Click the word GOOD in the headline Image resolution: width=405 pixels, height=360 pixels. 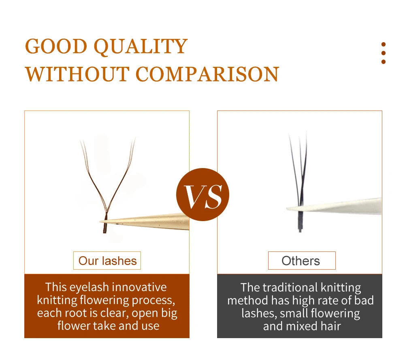point(56,47)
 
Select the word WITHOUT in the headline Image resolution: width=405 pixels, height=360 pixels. point(77,74)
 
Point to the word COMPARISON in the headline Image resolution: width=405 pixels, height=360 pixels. point(207,74)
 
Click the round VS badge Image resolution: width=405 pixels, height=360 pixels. point(202,194)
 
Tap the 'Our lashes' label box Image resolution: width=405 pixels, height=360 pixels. point(107,260)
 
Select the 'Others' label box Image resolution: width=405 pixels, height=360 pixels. point(302,260)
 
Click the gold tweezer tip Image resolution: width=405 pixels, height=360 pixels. point(100,222)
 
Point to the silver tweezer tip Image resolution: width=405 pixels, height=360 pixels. point(287,208)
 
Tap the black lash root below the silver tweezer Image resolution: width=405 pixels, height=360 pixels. point(300,222)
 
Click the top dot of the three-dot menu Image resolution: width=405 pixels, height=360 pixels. point(384,45)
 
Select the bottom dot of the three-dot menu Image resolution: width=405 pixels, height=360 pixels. point(384,62)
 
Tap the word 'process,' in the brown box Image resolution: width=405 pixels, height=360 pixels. point(153,300)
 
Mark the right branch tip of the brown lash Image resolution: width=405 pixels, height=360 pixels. point(134,140)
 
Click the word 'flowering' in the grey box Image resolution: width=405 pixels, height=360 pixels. point(335,313)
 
